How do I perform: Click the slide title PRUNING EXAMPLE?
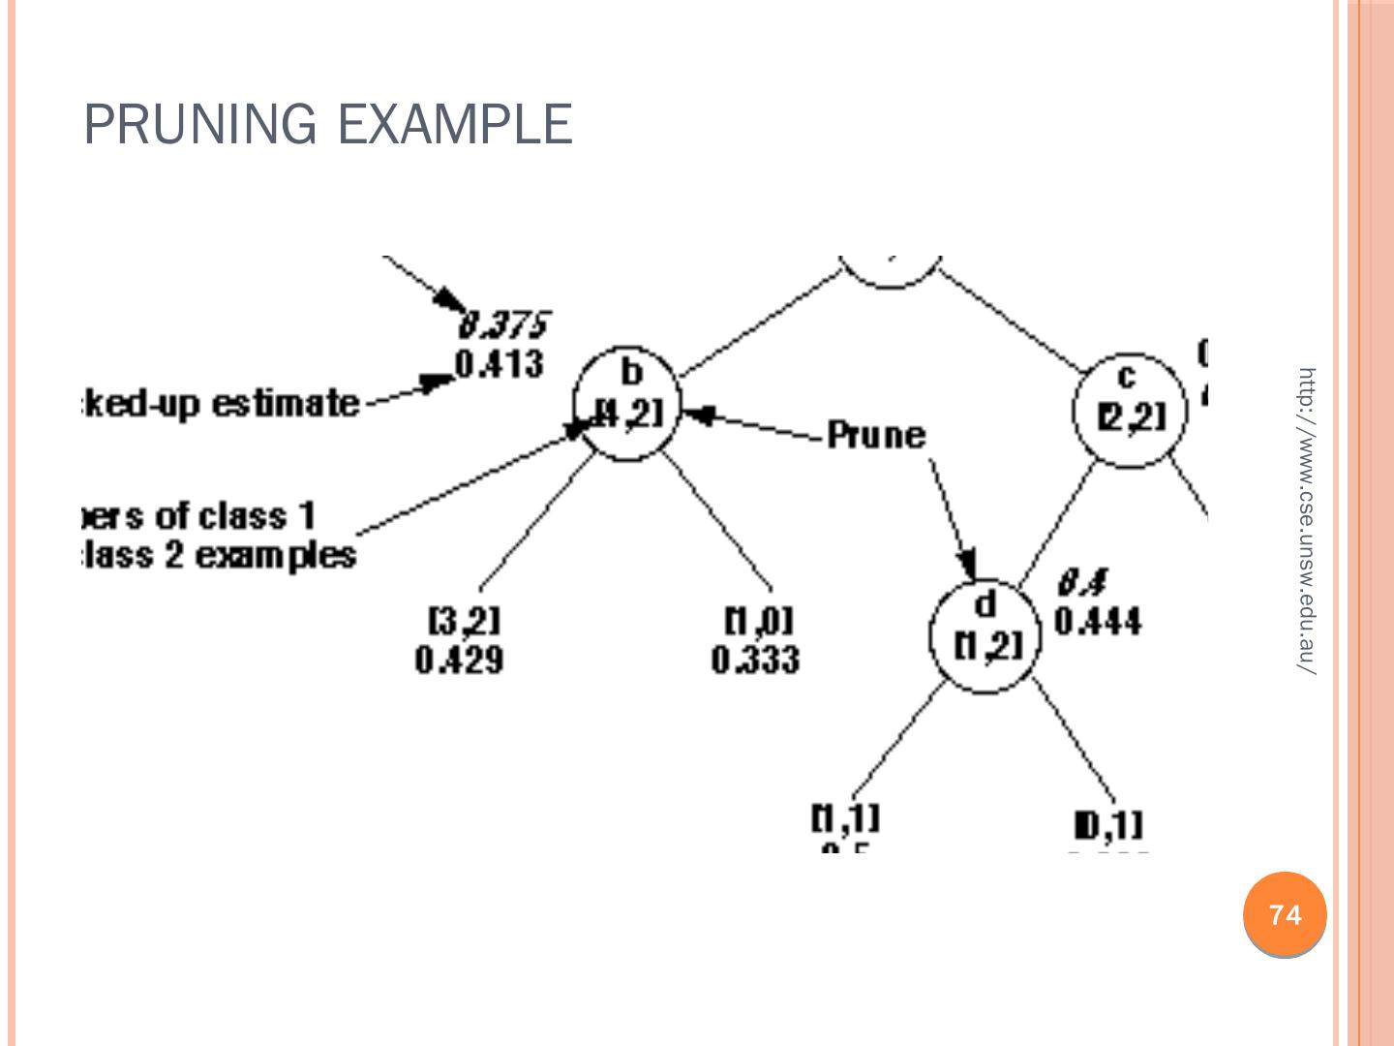pyautogui.click(x=328, y=125)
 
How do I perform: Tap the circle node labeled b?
pyautogui.click(x=627, y=403)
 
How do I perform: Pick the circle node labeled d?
pyautogui.click(x=984, y=635)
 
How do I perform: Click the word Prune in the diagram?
pyautogui.click(x=877, y=436)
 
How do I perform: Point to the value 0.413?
pyautogui.click(x=500, y=365)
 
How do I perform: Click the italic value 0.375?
pyautogui.click(x=504, y=323)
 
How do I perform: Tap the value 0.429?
pyautogui.click(x=459, y=661)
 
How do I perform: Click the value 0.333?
pyautogui.click(x=756, y=661)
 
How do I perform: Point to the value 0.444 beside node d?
pyautogui.click(x=1098, y=621)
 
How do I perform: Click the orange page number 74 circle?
pyautogui.click(x=1285, y=915)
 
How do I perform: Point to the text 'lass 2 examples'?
pyautogui.click(x=218, y=556)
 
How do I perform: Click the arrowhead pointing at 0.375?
pyautogui.click(x=454, y=299)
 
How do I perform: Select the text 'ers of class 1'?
pyautogui.click(x=198, y=515)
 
